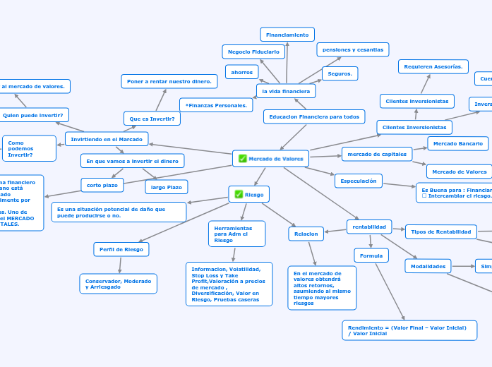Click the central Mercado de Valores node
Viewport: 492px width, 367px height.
point(270,159)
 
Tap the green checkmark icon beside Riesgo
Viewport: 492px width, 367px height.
point(239,194)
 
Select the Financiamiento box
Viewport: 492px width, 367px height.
point(287,35)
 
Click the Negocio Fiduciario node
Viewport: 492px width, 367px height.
point(253,52)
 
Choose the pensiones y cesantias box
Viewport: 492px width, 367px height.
point(352,49)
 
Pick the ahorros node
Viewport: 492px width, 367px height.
point(241,72)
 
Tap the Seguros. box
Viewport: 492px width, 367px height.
point(340,73)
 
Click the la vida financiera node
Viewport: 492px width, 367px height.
point(286,91)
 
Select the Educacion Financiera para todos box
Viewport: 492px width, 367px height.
point(314,116)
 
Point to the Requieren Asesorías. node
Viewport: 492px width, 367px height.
point(433,66)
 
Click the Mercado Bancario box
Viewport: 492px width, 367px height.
point(457,143)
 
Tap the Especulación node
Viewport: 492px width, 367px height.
point(359,181)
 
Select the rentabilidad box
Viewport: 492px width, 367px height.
point(369,227)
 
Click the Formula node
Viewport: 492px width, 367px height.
point(371,255)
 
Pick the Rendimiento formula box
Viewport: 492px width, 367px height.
point(409,330)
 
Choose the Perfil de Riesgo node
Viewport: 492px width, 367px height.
point(121,249)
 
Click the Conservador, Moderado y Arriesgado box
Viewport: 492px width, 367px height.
point(118,284)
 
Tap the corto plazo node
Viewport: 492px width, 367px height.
point(102,185)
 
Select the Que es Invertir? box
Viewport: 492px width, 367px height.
point(152,119)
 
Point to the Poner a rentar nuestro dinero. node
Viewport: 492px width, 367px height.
point(169,81)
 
